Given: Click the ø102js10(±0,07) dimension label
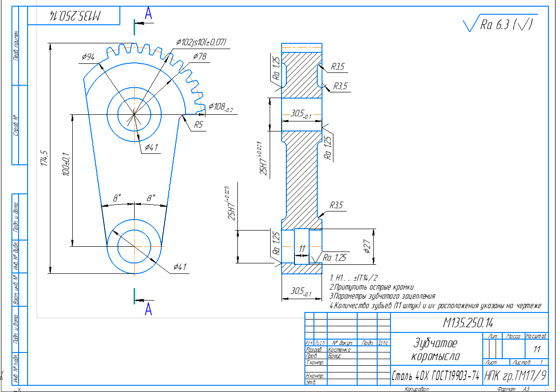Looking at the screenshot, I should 201,42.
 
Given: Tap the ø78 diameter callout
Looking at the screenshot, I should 200,56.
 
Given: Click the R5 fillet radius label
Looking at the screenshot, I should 198,125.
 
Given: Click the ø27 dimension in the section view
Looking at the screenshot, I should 367,246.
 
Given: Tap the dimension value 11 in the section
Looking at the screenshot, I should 302,249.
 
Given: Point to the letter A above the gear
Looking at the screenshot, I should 148,15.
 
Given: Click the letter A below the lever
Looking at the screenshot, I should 148,310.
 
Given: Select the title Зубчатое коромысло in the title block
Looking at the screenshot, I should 435,350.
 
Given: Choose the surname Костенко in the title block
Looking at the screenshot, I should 339,349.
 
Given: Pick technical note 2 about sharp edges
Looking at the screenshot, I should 371,287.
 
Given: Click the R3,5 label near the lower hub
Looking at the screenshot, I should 337,205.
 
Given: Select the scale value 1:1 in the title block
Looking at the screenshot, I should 537,349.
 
